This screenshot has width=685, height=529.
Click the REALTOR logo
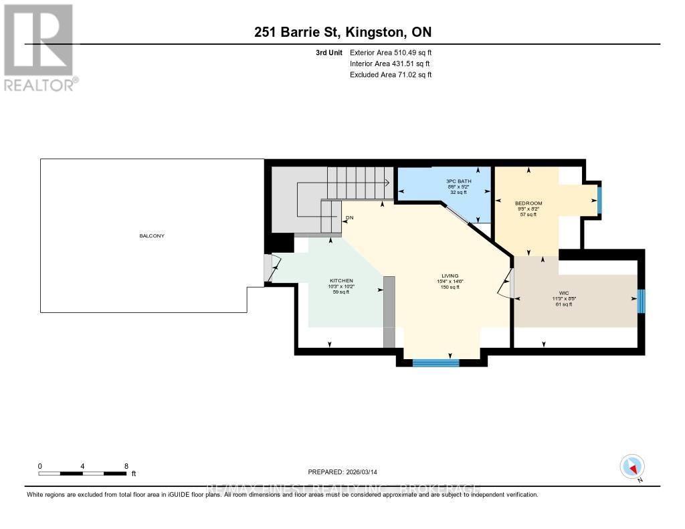[x=39, y=47]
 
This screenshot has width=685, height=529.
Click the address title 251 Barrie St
[x=342, y=33]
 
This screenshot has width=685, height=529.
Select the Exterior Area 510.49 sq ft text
[x=391, y=53]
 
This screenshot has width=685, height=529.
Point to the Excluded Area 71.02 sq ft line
[x=391, y=75]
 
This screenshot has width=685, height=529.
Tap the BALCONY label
[x=152, y=236]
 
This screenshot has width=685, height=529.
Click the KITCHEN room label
[x=341, y=281]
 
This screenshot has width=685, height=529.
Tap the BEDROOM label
[x=528, y=203]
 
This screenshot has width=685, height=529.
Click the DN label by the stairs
[x=349, y=218]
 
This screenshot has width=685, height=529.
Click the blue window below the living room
[x=435, y=363]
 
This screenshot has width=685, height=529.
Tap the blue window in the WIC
[x=640, y=301]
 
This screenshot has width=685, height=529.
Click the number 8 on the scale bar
[x=126, y=466]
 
